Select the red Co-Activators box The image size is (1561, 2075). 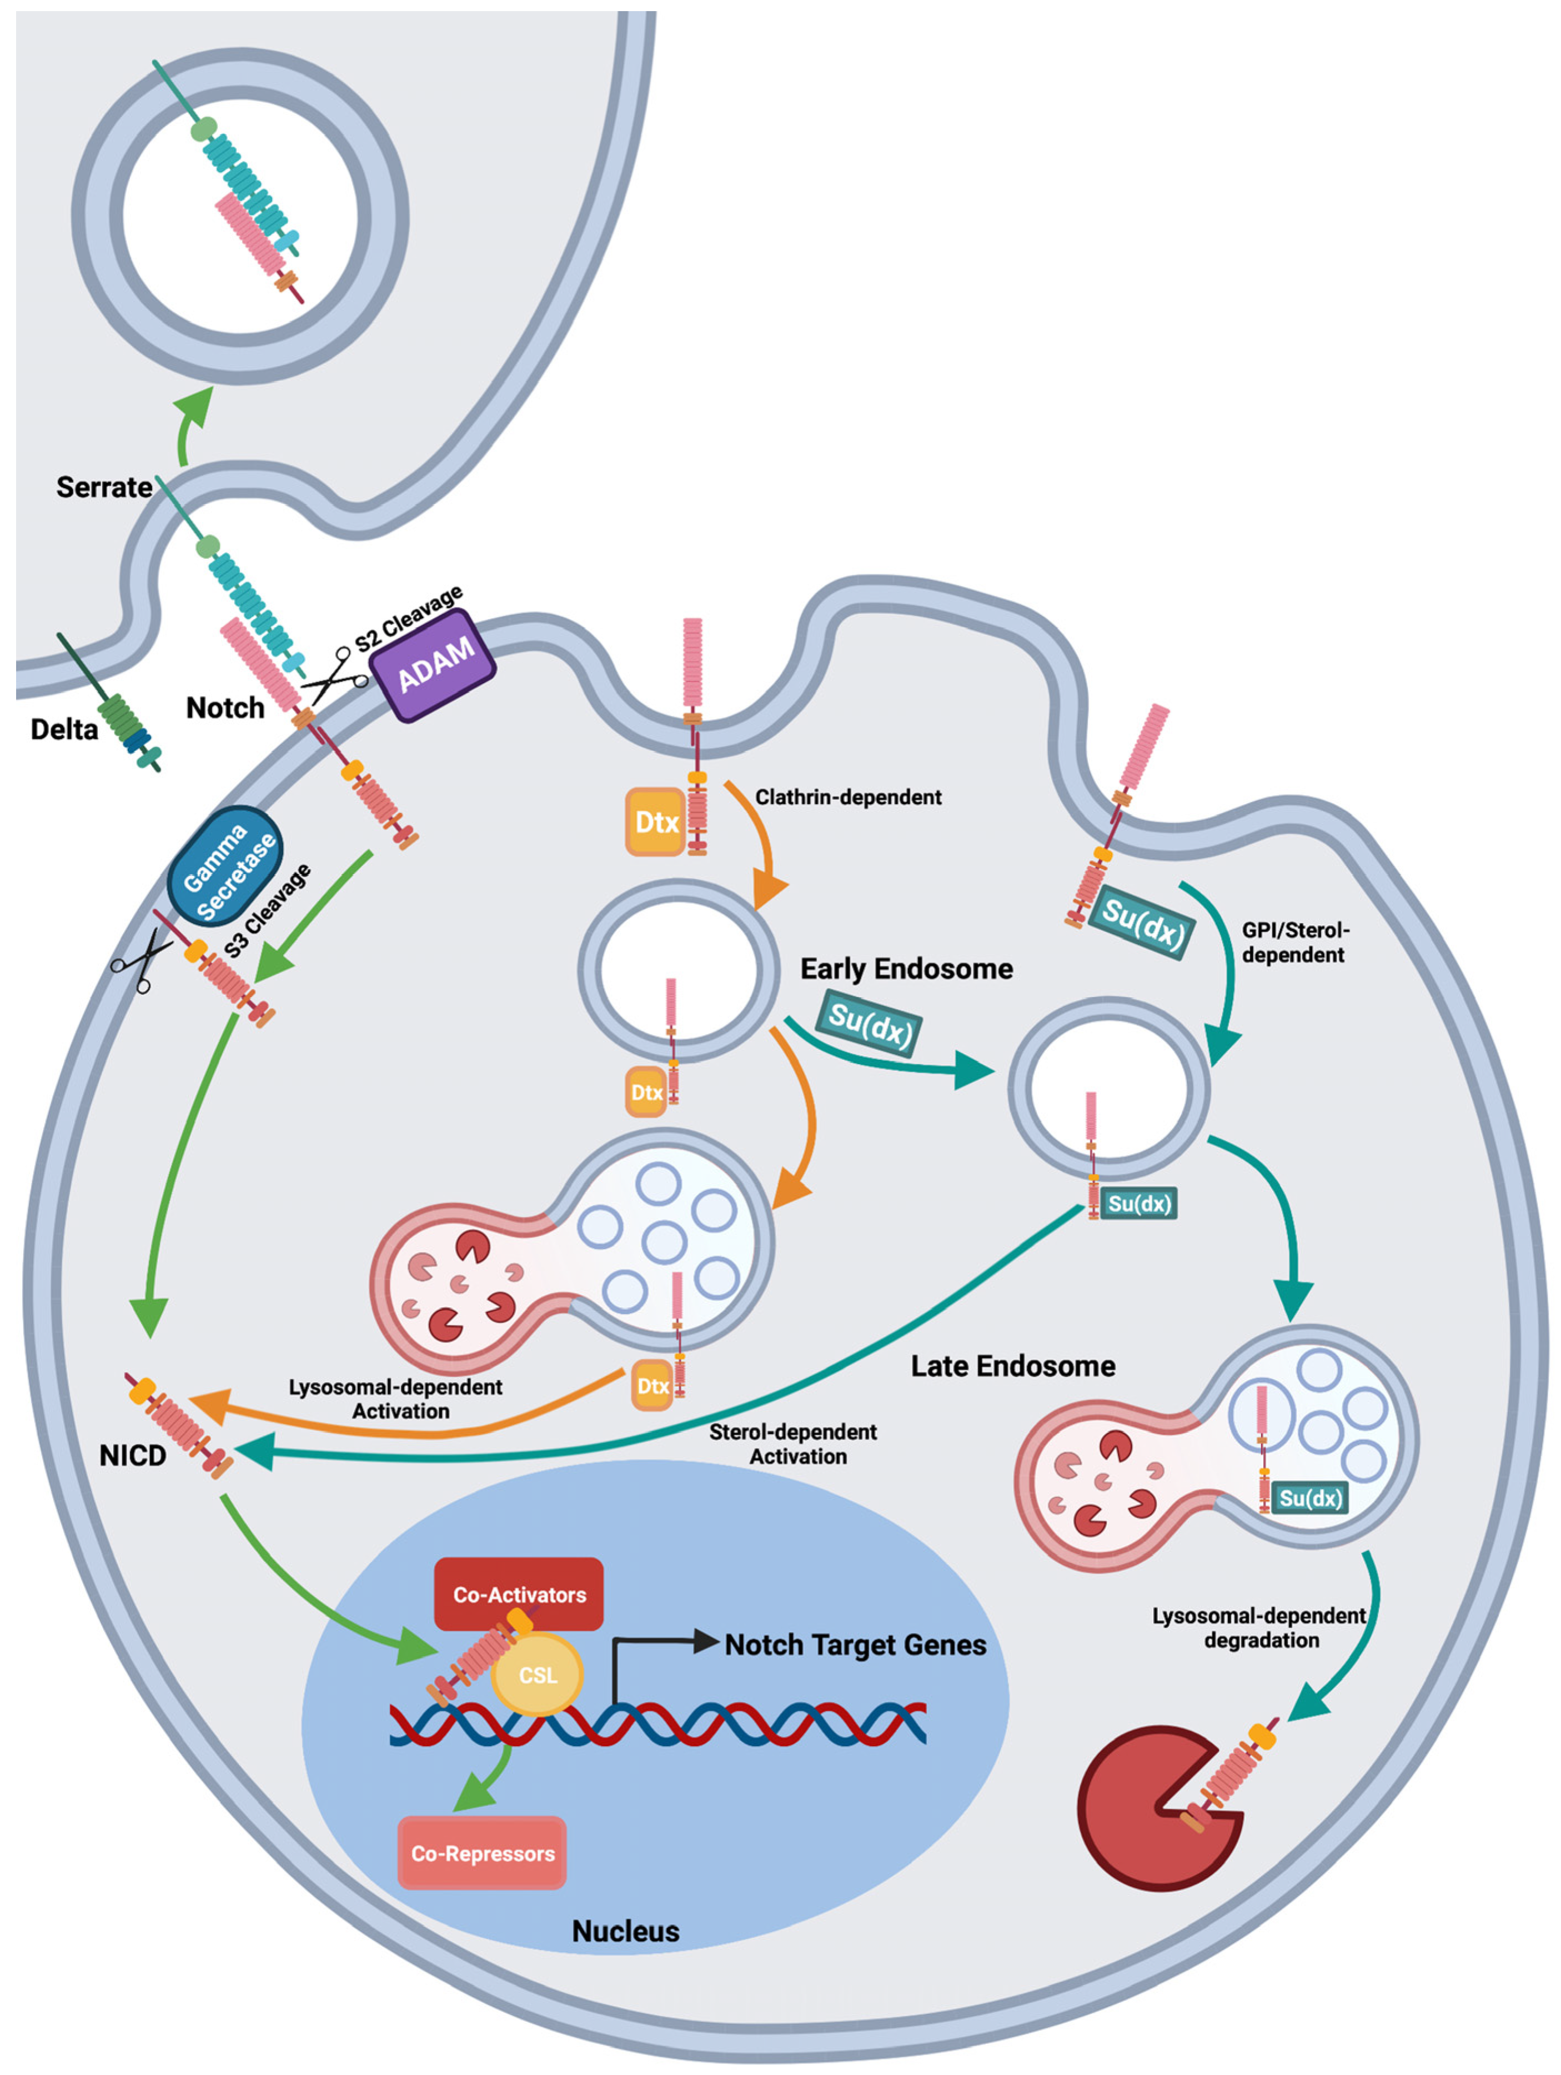[519, 1594]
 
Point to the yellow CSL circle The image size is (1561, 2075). [538, 1675]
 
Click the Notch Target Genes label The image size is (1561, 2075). [855, 1645]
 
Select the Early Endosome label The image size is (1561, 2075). [906, 968]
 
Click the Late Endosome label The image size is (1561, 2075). [1013, 1366]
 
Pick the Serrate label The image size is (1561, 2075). [104, 487]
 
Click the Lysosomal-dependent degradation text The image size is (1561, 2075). [1260, 1627]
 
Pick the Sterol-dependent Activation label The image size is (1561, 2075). [794, 1444]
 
